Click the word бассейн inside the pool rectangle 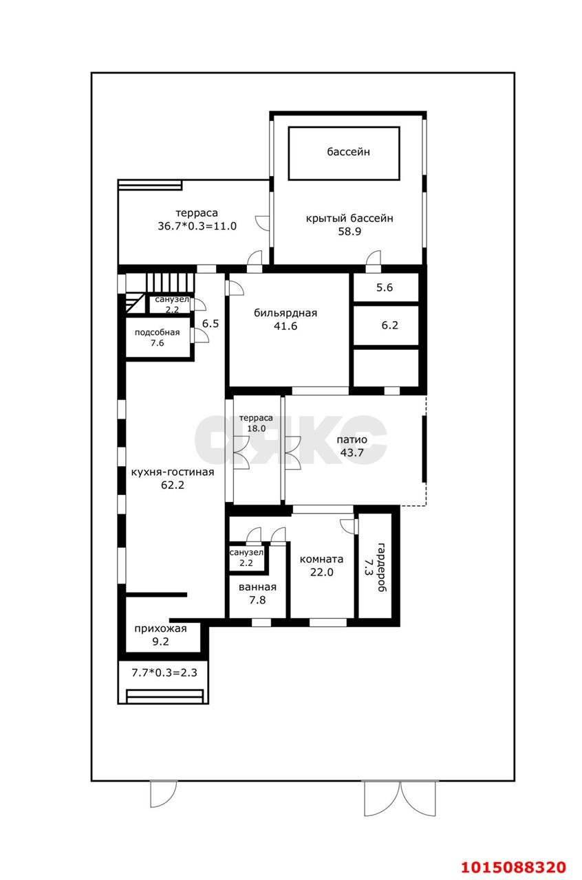coord(348,152)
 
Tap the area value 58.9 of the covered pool coord(349,232)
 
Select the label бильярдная coord(285,313)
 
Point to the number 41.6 coord(285,326)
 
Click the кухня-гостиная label coord(173,472)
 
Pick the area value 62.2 coord(173,485)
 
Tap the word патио coord(352,439)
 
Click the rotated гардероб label coord(381,567)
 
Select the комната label coord(322,559)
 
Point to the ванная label coord(257,587)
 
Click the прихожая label coord(160,628)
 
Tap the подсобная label coord(158,332)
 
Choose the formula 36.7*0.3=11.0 coord(197,226)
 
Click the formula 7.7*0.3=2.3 coord(164,672)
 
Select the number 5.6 coord(385,287)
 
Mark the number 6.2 coord(389,325)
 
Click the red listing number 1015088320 coord(514,864)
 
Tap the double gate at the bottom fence coord(400,800)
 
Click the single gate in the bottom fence coord(164,794)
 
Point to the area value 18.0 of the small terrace coord(256,428)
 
